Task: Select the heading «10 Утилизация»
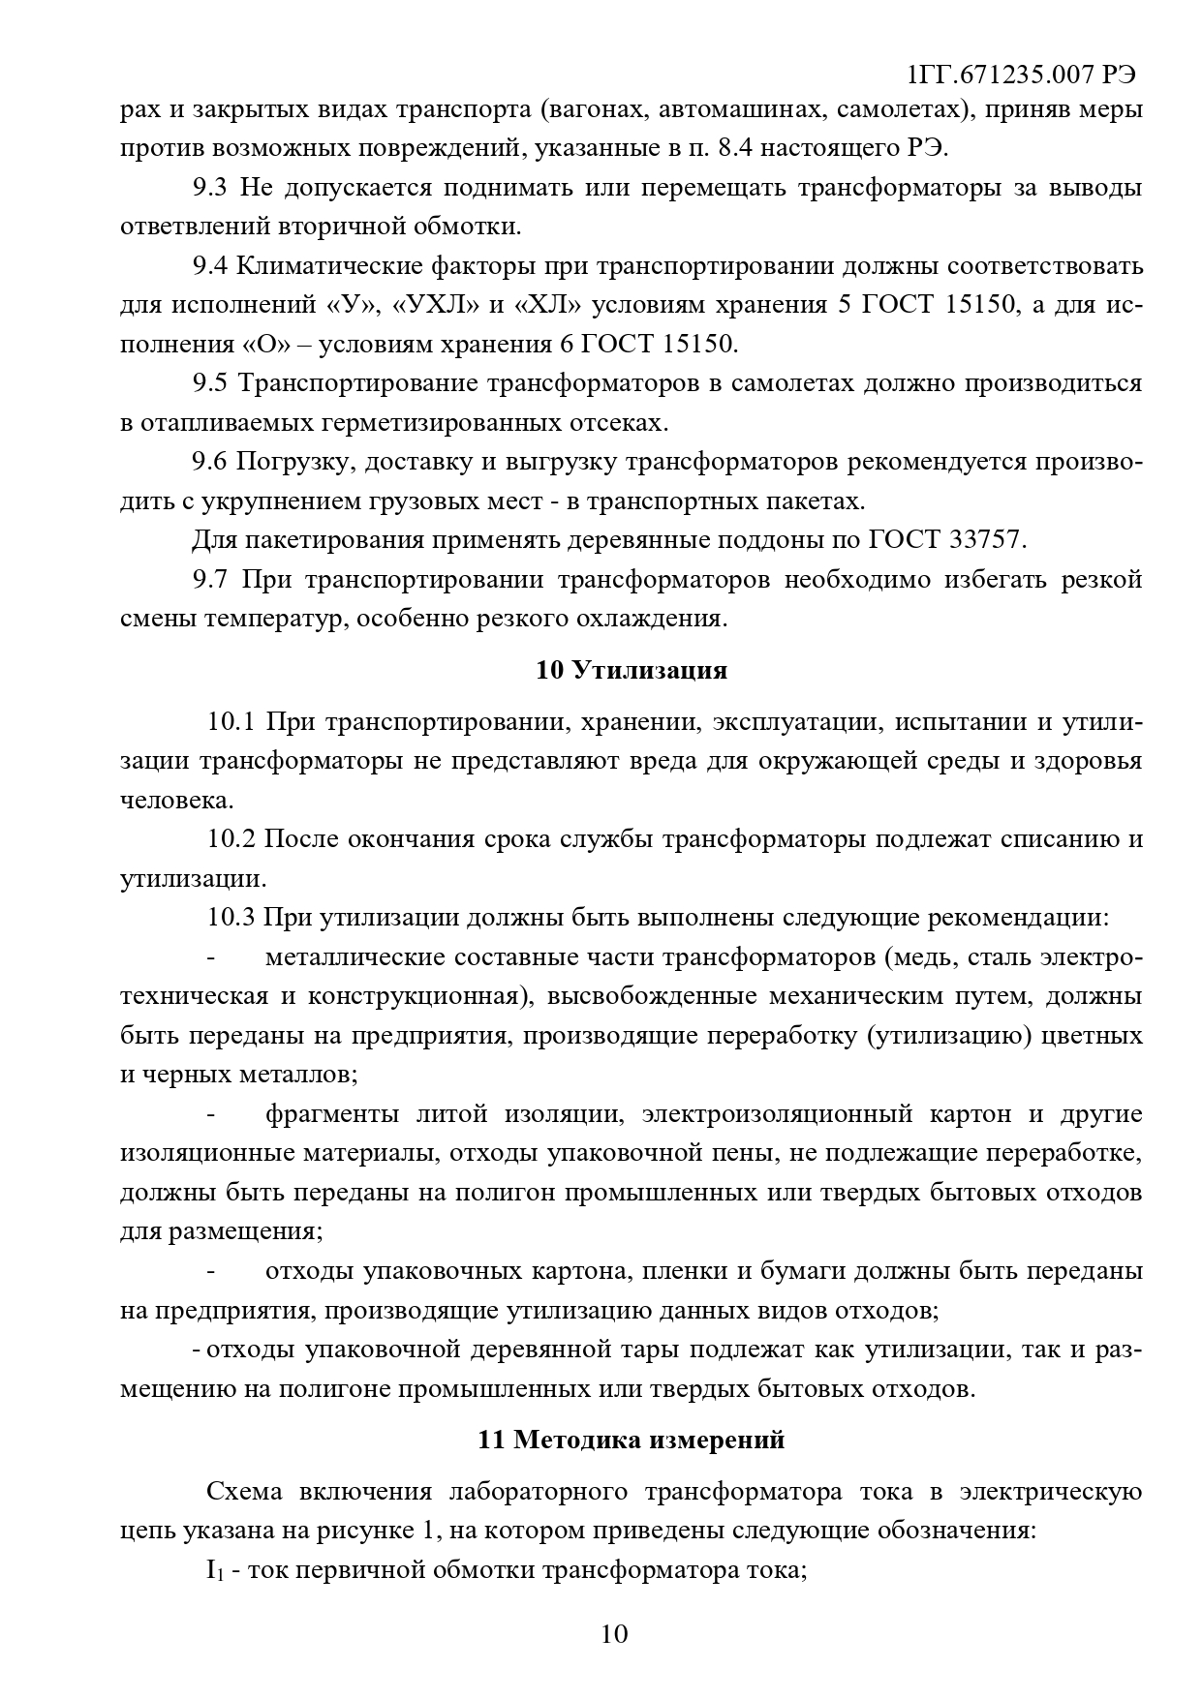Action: (632, 670)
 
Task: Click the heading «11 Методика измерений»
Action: (631, 1440)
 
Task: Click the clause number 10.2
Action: (230, 838)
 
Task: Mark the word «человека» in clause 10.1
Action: (176, 801)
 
